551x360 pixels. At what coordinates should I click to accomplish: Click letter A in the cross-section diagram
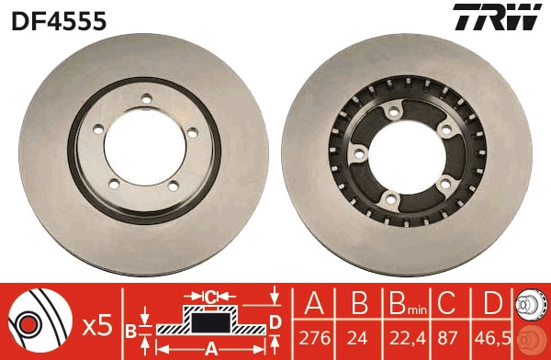tap(210, 348)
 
